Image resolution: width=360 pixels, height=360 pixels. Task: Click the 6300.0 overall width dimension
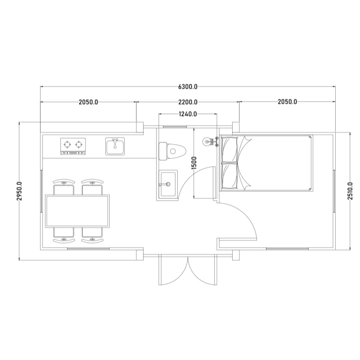tap(188, 87)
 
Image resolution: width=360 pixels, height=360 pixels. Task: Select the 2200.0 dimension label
tap(188, 102)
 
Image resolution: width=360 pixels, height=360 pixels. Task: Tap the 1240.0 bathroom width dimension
tap(188, 114)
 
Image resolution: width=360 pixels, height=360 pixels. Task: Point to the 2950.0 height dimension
tap(19, 191)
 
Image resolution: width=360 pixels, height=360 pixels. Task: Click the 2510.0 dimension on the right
tap(350, 191)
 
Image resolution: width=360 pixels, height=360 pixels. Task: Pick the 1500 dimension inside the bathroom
tap(194, 163)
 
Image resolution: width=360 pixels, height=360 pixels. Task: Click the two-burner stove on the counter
tap(73, 146)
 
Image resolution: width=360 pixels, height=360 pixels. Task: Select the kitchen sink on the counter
tap(115, 146)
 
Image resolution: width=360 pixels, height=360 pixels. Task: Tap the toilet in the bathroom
tap(172, 151)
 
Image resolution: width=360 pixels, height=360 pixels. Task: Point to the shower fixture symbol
tap(211, 141)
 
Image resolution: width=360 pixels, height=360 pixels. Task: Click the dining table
tap(77, 211)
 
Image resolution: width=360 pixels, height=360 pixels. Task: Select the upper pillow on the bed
tap(229, 149)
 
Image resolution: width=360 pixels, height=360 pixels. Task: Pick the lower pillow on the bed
tap(229, 176)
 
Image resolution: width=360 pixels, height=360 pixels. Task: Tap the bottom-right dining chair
tap(92, 235)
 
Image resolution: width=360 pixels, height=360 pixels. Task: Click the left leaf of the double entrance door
tap(173, 270)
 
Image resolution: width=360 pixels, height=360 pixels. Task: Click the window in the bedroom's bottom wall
tap(287, 249)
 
